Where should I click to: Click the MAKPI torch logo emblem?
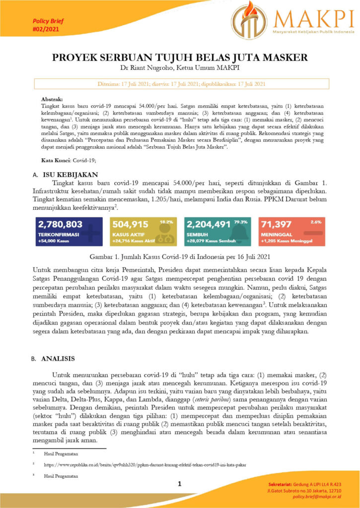(x=249, y=20)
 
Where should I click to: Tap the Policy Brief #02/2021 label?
(x=48, y=25)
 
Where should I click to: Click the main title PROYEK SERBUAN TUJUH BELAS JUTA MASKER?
(x=180, y=57)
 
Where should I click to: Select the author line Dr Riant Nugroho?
(x=180, y=67)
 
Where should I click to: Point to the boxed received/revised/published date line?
(x=180, y=84)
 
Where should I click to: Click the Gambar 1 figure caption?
(x=180, y=257)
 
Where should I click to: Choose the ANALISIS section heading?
(x=58, y=358)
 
